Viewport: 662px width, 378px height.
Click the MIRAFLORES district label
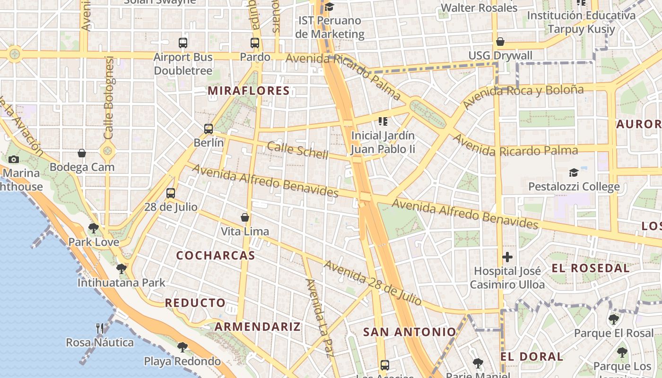pyautogui.click(x=249, y=91)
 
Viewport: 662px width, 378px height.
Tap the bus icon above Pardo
pyautogui.click(x=255, y=43)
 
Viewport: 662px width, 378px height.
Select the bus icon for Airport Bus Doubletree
pyautogui.click(x=183, y=43)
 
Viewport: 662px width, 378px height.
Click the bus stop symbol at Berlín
pyautogui.click(x=209, y=129)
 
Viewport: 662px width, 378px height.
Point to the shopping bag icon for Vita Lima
pyautogui.click(x=245, y=217)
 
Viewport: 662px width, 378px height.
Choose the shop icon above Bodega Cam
pyautogui.click(x=82, y=153)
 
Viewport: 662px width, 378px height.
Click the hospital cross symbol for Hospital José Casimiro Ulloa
pyautogui.click(x=507, y=257)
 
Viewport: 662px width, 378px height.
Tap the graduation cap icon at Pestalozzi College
pyautogui.click(x=574, y=172)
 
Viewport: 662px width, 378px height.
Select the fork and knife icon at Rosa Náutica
pyautogui.click(x=100, y=328)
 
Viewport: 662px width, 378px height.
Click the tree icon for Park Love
pyautogui.click(x=94, y=228)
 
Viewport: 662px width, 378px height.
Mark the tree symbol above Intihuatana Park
pyautogui.click(x=121, y=269)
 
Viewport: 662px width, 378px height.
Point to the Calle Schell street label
pyautogui.click(x=297, y=150)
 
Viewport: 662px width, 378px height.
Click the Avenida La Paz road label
pyautogui.click(x=320, y=316)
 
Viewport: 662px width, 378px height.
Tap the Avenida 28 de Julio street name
pyautogui.click(x=373, y=283)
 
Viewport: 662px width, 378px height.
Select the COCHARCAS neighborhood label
pyautogui.click(x=216, y=256)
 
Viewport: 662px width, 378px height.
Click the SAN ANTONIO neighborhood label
pyautogui.click(x=409, y=332)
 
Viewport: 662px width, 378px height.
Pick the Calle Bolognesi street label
pyautogui.click(x=109, y=98)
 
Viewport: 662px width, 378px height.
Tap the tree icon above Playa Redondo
pyautogui.click(x=183, y=347)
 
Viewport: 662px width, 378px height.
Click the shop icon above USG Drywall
pyautogui.click(x=500, y=42)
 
